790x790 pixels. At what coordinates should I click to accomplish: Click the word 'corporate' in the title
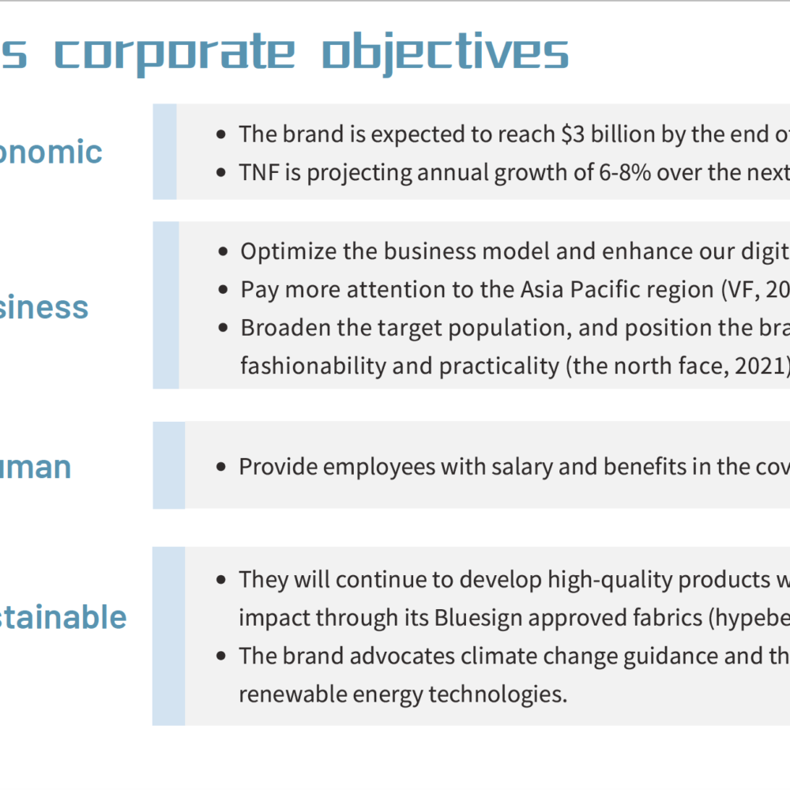pyautogui.click(x=175, y=53)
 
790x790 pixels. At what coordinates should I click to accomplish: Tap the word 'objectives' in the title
pyautogui.click(x=446, y=53)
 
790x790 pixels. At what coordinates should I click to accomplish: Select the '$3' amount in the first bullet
pyautogui.click(x=573, y=134)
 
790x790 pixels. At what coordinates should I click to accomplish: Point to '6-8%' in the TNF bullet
pyautogui.click(x=624, y=172)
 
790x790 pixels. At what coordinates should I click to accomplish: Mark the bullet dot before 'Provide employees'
pyautogui.click(x=220, y=467)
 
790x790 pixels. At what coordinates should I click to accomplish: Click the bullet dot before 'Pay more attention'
pyautogui.click(x=224, y=290)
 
